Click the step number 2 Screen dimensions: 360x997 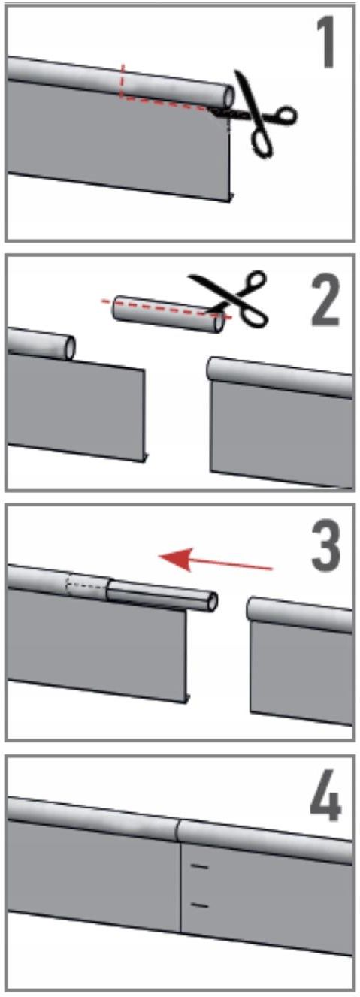(325, 300)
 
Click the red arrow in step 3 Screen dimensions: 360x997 (216, 560)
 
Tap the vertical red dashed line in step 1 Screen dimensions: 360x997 (122, 80)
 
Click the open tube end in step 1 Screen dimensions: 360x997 (228, 95)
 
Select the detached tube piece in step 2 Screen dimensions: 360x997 (168, 313)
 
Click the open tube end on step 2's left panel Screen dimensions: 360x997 (70, 348)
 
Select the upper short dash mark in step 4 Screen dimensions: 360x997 (199, 866)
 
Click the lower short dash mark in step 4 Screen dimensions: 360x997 (199, 905)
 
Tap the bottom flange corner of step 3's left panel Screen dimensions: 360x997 (187, 699)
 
